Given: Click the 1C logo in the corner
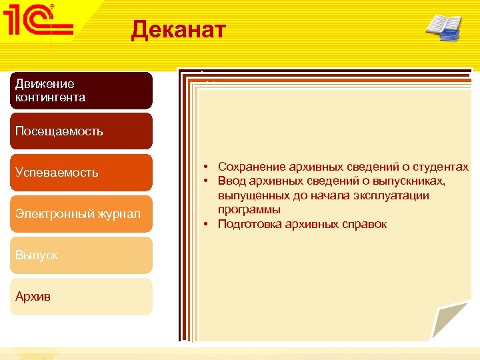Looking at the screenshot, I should click(39, 25).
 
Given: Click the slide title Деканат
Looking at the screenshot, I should click(179, 30).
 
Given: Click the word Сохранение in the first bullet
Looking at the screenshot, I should click(249, 167).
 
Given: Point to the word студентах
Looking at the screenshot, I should click(443, 167).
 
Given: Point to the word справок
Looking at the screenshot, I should click(365, 224).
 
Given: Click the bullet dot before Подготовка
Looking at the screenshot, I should click(208, 224).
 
